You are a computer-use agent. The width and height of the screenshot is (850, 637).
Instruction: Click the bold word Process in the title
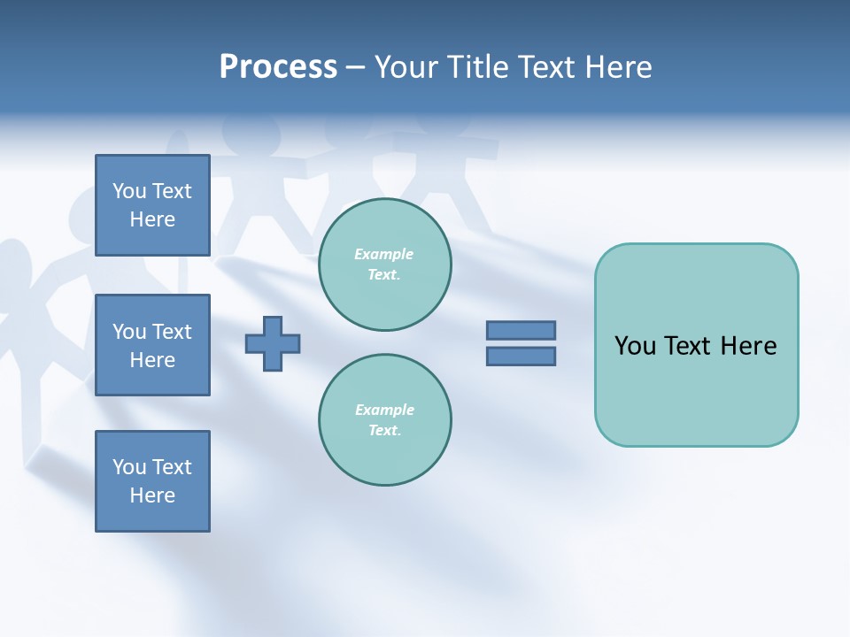tap(278, 67)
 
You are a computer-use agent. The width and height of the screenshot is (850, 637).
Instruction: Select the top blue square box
tap(152, 205)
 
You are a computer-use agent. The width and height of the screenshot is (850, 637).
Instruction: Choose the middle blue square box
tap(152, 345)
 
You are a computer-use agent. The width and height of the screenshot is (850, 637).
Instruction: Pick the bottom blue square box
tap(152, 481)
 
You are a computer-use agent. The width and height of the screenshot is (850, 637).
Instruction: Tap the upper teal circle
tap(384, 265)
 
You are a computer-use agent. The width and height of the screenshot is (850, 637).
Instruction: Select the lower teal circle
tap(384, 420)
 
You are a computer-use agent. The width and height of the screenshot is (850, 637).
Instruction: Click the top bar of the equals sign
tap(521, 330)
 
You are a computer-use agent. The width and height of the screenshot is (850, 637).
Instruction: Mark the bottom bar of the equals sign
tap(521, 357)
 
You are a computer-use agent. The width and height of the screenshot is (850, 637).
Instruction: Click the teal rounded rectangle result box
tap(696, 345)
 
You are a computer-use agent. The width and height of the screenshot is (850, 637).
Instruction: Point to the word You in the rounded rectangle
tap(635, 346)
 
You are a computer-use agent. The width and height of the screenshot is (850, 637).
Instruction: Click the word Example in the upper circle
tap(384, 255)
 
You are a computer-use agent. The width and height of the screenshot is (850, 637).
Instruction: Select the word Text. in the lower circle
tap(384, 431)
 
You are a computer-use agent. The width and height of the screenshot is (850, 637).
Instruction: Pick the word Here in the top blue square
tap(152, 219)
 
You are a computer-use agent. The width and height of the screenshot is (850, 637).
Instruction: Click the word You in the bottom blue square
tap(128, 467)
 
